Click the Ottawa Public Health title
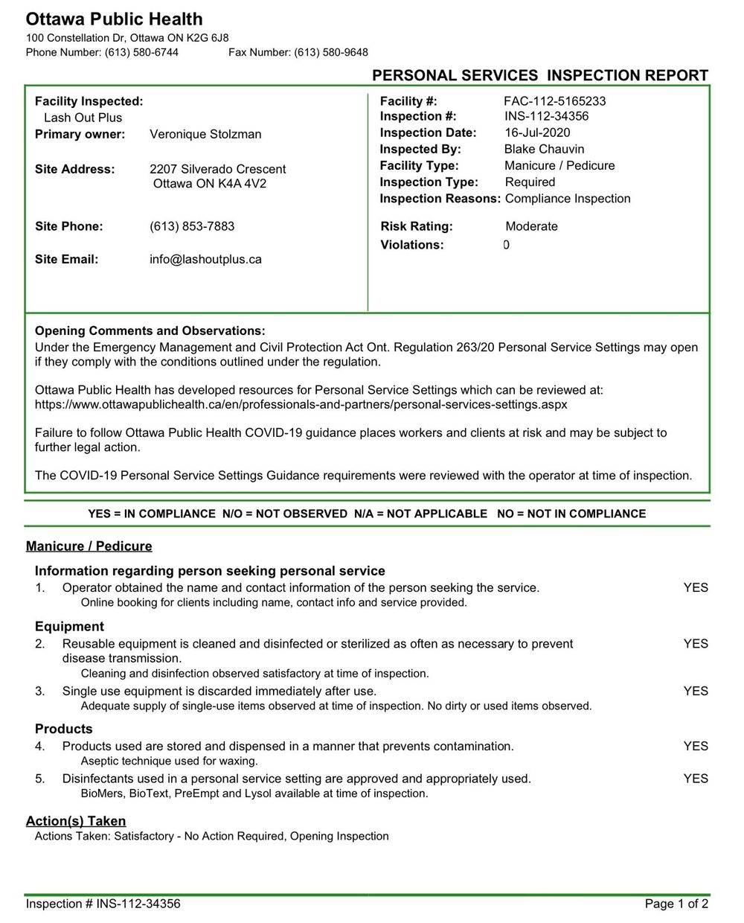(x=114, y=19)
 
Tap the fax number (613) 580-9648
(x=330, y=52)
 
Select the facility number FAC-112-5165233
(x=554, y=101)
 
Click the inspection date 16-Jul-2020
(x=537, y=132)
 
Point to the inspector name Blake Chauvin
(x=544, y=149)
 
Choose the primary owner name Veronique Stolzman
(x=205, y=134)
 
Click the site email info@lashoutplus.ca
(x=205, y=259)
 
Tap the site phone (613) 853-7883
(x=192, y=226)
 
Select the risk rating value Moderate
(x=531, y=226)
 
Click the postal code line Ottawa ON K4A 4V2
(x=209, y=184)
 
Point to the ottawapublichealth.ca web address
(x=301, y=404)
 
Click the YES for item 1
(x=696, y=587)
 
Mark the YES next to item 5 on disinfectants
(x=696, y=779)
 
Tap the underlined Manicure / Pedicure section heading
(x=89, y=546)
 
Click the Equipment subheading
(x=69, y=626)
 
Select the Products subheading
(x=64, y=729)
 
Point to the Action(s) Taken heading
(x=76, y=821)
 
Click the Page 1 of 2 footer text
(x=676, y=904)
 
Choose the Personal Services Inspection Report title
(x=540, y=75)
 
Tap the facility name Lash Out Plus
(x=83, y=118)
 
